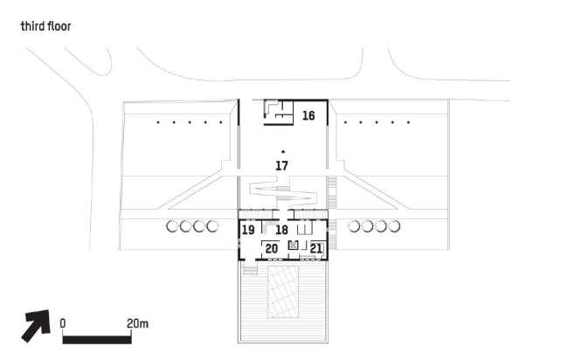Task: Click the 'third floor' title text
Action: [45, 26]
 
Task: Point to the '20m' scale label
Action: [138, 323]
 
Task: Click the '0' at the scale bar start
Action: [63, 323]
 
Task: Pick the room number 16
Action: [308, 115]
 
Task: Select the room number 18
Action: [282, 230]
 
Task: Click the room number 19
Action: [248, 230]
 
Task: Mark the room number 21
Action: [316, 250]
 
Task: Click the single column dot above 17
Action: [282, 152]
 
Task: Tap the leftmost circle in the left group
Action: [171, 227]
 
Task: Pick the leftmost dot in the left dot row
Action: [157, 123]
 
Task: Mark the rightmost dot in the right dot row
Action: [408, 123]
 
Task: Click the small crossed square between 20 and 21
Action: [294, 246]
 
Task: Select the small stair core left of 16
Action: [277, 111]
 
